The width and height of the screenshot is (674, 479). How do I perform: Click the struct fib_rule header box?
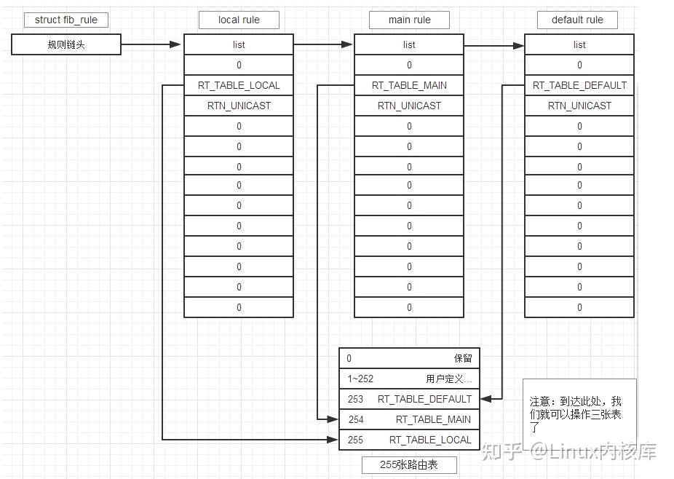click(x=66, y=20)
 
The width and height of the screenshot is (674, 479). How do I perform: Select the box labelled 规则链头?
click(x=66, y=45)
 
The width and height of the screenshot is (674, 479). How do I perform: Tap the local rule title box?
click(x=239, y=20)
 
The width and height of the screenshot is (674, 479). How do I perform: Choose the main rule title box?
click(x=409, y=20)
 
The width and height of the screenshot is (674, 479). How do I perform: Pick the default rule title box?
click(x=577, y=20)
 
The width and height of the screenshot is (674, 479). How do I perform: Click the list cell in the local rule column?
click(x=239, y=44)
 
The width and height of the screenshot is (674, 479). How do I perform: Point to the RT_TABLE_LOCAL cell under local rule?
click(x=239, y=85)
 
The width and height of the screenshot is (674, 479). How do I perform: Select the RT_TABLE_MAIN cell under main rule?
click(x=409, y=85)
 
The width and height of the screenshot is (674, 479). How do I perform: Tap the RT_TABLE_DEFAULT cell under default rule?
click(x=579, y=85)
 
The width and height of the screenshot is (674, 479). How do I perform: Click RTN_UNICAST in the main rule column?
click(x=409, y=106)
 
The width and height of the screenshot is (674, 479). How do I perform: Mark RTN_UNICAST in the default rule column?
click(x=579, y=106)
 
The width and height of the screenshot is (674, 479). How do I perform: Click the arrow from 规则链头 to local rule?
click(x=151, y=44)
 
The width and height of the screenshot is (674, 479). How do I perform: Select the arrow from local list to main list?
click(x=324, y=44)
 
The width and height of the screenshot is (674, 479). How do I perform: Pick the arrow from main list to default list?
click(x=494, y=46)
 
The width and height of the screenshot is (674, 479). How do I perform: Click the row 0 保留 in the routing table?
click(x=409, y=358)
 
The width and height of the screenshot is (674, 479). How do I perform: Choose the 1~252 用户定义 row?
click(x=409, y=379)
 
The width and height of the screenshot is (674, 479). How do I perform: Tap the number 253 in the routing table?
click(x=355, y=399)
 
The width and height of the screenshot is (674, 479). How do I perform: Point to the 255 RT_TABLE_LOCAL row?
click(x=409, y=440)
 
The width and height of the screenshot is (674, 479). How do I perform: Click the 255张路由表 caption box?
click(x=409, y=465)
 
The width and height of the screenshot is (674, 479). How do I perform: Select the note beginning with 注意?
click(x=578, y=413)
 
